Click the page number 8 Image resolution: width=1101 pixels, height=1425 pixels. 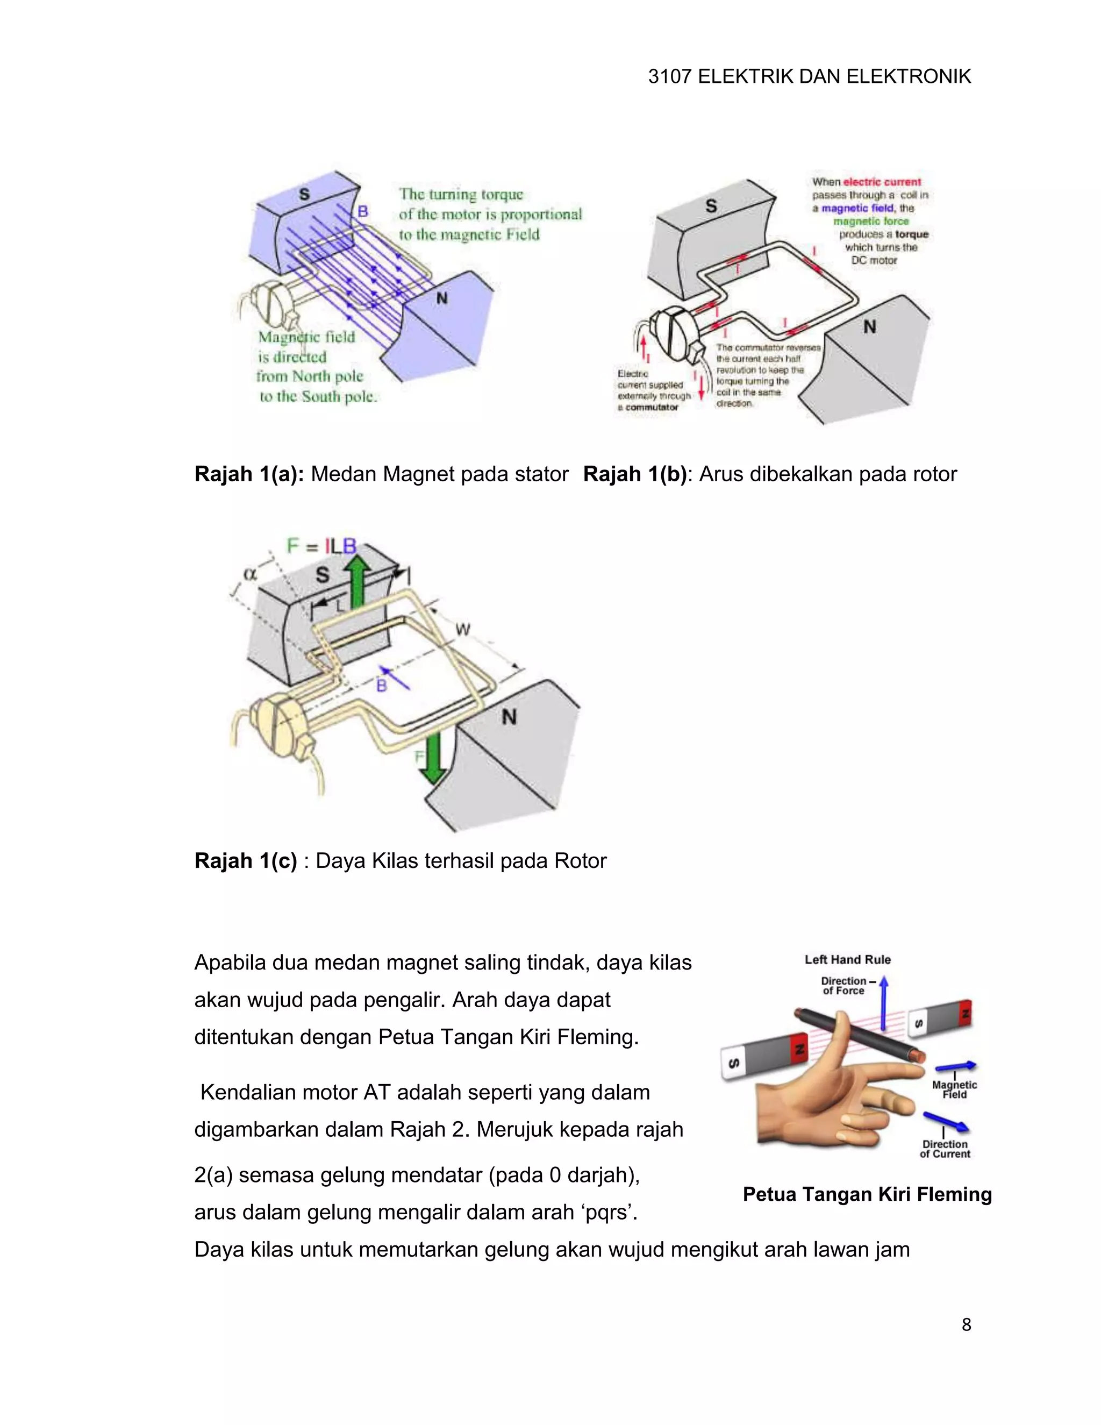click(x=966, y=1324)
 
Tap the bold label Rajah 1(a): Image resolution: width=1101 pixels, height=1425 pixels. click(x=249, y=474)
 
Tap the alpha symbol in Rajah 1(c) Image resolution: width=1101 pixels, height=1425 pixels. click(x=250, y=574)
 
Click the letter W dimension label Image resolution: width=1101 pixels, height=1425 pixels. click(x=462, y=630)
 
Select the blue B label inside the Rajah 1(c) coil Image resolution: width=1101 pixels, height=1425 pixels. click(x=382, y=685)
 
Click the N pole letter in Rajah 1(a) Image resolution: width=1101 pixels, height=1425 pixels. click(x=441, y=298)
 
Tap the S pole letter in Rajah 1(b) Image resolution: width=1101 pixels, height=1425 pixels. click(x=711, y=206)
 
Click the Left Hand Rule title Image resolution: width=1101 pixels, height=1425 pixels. click(x=847, y=959)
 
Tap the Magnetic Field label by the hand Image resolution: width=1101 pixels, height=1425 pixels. click(x=954, y=1089)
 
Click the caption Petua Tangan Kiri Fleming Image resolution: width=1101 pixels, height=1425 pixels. click(x=867, y=1194)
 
